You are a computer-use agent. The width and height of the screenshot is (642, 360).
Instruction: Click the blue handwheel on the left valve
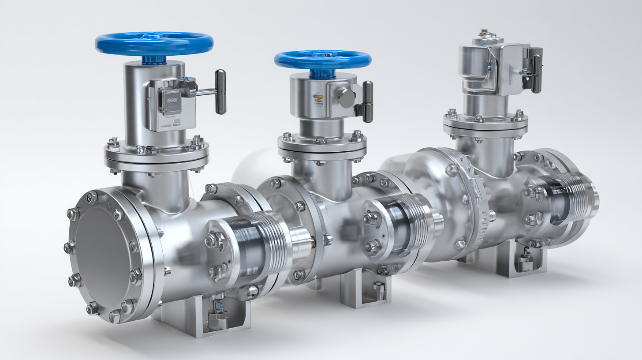pyautogui.click(x=154, y=43)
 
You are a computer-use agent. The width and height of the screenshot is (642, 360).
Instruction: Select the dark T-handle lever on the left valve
pyautogui.click(x=220, y=91)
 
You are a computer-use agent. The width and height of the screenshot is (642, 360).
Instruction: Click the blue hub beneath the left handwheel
pyautogui.click(x=154, y=59)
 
